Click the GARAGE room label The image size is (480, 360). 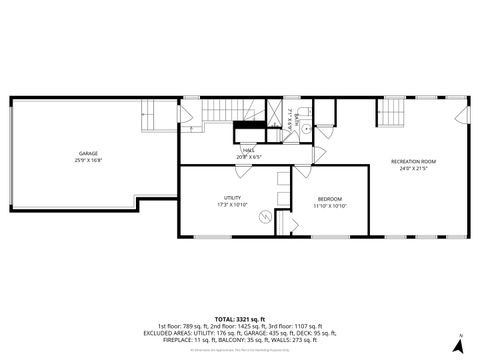click(x=74, y=153)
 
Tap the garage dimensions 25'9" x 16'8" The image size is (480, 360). click(x=74, y=160)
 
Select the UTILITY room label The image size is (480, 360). click(x=232, y=198)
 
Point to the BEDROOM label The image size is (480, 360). click(x=330, y=199)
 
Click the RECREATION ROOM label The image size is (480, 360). click(x=413, y=161)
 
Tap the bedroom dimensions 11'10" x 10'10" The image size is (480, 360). click(x=330, y=206)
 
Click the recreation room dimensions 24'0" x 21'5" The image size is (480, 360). click(x=413, y=168)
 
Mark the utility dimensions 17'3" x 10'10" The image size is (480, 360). click(x=232, y=205)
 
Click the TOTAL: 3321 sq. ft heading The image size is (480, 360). click(x=239, y=316)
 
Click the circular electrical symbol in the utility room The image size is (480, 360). click(x=264, y=216)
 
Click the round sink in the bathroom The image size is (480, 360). click(x=308, y=129)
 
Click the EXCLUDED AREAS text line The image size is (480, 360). click(x=239, y=332)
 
